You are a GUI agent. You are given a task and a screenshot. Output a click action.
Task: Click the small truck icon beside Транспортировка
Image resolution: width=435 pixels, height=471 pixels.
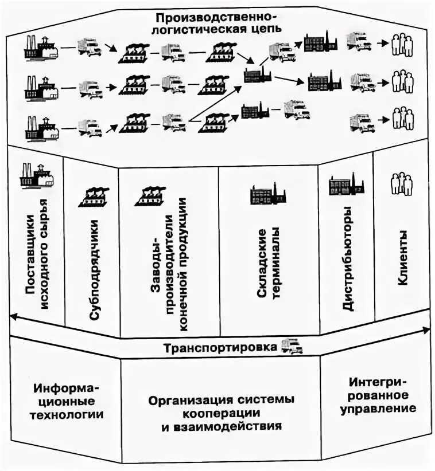(292, 346)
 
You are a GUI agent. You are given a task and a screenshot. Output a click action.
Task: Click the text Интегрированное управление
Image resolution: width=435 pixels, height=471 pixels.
(378, 395)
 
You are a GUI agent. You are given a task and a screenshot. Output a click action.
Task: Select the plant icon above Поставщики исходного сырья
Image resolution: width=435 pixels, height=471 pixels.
(36, 176)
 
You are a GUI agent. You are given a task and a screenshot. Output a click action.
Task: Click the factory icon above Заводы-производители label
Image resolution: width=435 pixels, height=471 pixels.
(150, 196)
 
